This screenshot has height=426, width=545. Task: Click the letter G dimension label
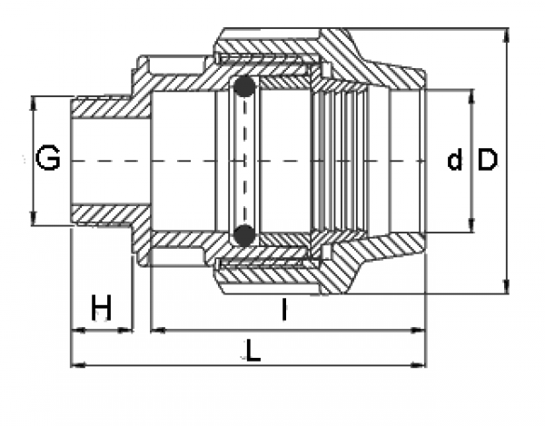click(47, 160)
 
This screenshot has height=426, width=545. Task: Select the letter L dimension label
click(253, 351)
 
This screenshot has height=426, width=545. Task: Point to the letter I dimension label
click(284, 311)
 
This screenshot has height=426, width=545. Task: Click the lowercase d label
click(455, 161)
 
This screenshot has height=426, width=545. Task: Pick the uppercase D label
click(488, 160)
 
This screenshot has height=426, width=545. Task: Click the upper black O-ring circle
click(243, 88)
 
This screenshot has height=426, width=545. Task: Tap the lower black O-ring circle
click(243, 234)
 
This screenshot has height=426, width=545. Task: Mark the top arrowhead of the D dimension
click(506, 34)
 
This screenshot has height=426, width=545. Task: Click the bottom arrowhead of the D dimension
click(506, 288)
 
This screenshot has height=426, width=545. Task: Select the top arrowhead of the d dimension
click(471, 94)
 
